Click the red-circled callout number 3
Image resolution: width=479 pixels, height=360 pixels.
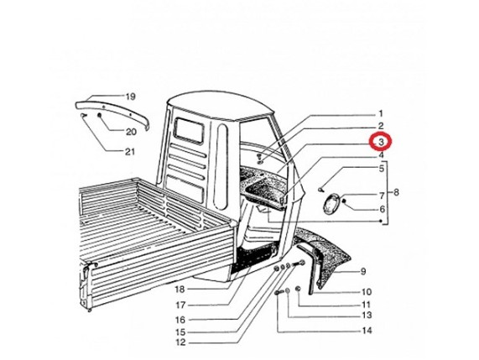click(x=381, y=142)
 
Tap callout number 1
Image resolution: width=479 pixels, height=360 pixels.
click(x=381, y=114)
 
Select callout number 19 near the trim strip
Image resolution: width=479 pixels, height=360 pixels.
click(x=130, y=97)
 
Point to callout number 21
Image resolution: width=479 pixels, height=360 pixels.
click(x=130, y=152)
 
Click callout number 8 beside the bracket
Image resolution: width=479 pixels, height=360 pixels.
click(x=396, y=192)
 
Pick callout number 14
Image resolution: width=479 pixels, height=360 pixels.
click(x=367, y=331)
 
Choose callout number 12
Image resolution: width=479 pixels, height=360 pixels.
click(x=180, y=342)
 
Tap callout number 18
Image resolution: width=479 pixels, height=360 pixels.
click(x=180, y=290)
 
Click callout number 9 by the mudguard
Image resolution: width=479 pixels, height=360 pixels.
click(x=363, y=271)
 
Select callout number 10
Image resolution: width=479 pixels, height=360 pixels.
click(x=367, y=292)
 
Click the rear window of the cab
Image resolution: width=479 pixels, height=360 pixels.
click(x=189, y=131)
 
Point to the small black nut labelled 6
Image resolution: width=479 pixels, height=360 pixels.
click(x=344, y=201)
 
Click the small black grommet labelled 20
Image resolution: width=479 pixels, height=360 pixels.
click(x=99, y=115)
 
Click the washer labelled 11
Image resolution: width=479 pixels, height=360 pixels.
click(x=299, y=289)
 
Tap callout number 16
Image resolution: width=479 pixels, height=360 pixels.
click(x=180, y=320)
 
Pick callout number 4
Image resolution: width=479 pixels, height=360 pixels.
click(x=381, y=155)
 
